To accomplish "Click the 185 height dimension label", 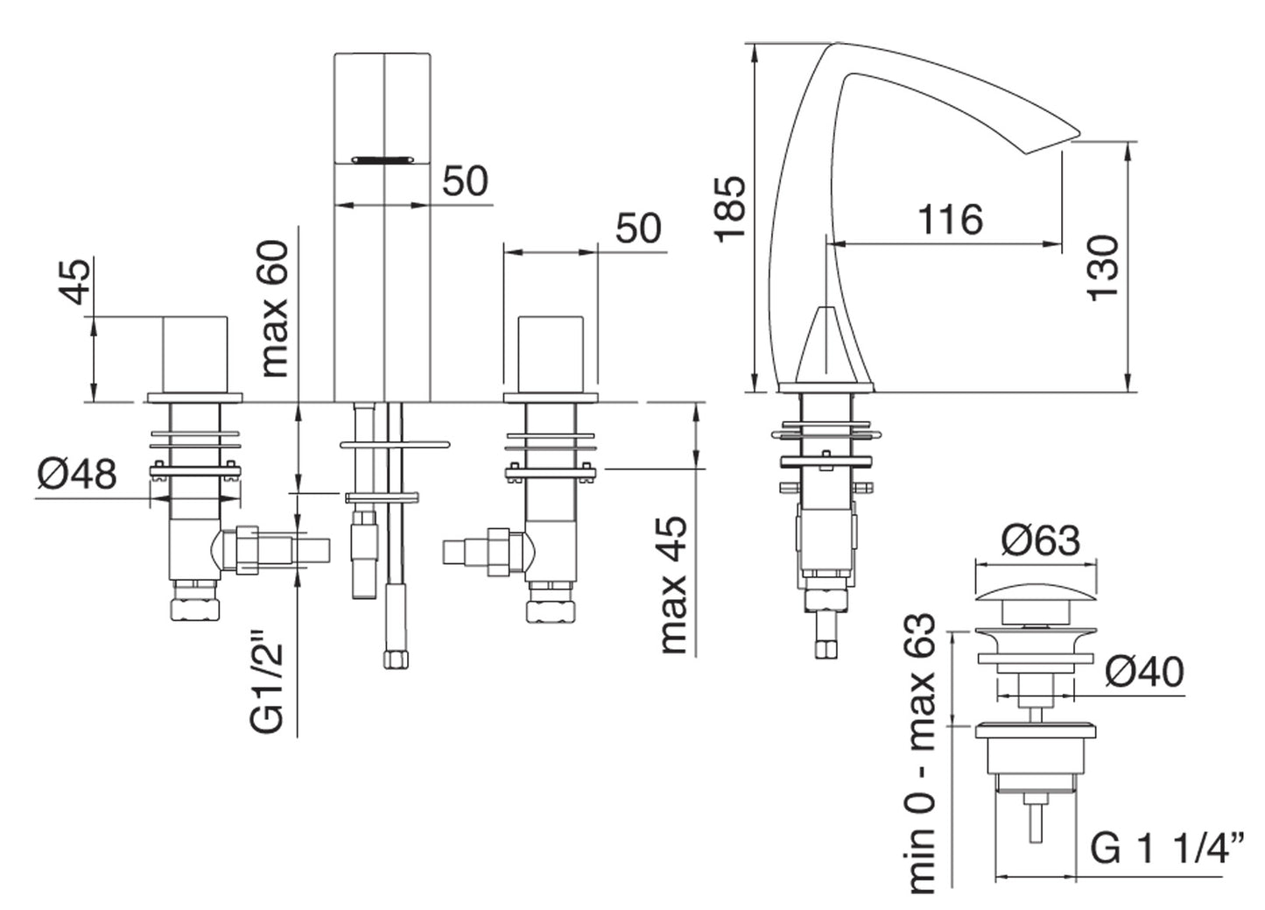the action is click(x=731, y=209).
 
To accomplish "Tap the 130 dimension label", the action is click(x=1102, y=268).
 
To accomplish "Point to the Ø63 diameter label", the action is click(x=1040, y=540).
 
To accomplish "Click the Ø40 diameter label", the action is click(x=1144, y=672).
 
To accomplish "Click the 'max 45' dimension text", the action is click(x=674, y=585).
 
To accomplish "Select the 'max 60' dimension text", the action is click(x=275, y=308).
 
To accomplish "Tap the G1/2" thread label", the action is click(x=266, y=687).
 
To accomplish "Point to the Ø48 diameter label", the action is click(x=77, y=474).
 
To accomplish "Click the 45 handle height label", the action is click(x=74, y=282).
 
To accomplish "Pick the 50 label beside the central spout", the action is click(x=465, y=180).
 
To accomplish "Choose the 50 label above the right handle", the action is click(x=638, y=229).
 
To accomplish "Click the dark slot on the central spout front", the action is click(x=383, y=160).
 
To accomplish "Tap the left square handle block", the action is click(x=195, y=354).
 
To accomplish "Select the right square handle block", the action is click(x=551, y=354).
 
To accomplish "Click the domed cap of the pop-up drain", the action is click(x=1037, y=593).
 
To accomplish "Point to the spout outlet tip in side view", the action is click(x=1078, y=134).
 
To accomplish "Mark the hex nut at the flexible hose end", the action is click(x=396, y=660).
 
